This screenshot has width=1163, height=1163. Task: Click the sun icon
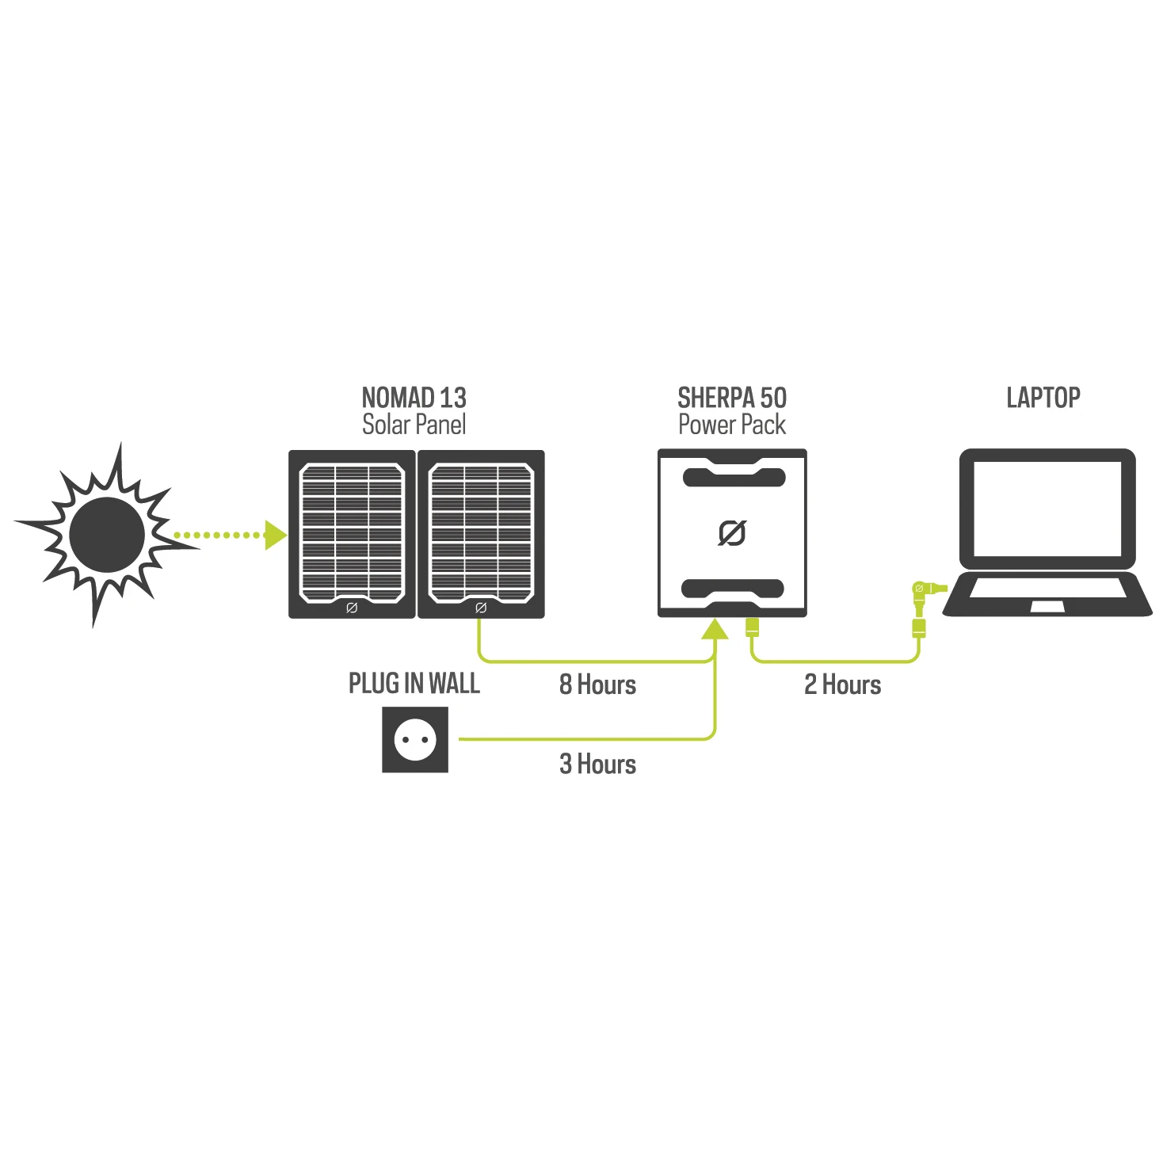pyautogui.click(x=107, y=536)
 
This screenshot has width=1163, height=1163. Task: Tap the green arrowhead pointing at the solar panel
pyautogui.click(x=276, y=536)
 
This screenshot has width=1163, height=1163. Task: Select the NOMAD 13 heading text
pyautogui.click(x=414, y=398)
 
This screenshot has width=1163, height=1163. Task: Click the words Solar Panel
pyautogui.click(x=414, y=425)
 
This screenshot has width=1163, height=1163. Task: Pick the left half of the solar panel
pyautogui.click(x=352, y=534)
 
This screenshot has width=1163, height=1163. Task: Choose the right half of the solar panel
pyautogui.click(x=481, y=534)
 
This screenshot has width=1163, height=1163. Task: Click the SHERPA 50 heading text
pyautogui.click(x=732, y=398)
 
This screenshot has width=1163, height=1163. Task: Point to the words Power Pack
pyautogui.click(x=732, y=425)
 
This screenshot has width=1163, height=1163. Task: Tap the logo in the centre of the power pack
pyautogui.click(x=732, y=533)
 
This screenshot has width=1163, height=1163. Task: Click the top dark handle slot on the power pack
pyautogui.click(x=734, y=478)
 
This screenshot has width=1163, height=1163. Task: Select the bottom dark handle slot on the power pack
pyautogui.click(x=733, y=588)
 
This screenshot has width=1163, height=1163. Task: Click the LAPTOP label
pyautogui.click(x=1043, y=398)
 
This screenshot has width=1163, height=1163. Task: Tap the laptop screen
pyautogui.click(x=1047, y=508)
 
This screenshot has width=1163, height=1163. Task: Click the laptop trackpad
pyautogui.click(x=1047, y=607)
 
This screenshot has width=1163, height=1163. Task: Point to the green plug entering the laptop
pyautogui.click(x=925, y=589)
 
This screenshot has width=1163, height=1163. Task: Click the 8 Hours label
pyautogui.click(x=597, y=684)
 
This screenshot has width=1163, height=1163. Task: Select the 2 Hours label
pyautogui.click(x=842, y=684)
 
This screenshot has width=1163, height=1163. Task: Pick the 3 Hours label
pyautogui.click(x=597, y=764)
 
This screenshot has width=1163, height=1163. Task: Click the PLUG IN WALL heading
pyautogui.click(x=414, y=683)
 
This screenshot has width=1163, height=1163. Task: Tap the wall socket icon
pyautogui.click(x=415, y=739)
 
